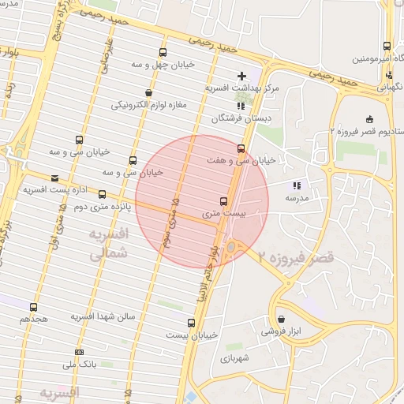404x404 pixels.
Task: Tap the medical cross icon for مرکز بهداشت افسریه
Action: (x=241, y=76)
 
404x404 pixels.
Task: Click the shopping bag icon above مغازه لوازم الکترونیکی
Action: (x=148, y=92)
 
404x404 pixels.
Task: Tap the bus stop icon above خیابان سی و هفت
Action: (x=241, y=148)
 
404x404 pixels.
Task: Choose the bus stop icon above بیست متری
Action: (x=223, y=201)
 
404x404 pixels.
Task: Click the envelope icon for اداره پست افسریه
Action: (x=54, y=178)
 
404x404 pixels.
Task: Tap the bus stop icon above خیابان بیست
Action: (x=191, y=323)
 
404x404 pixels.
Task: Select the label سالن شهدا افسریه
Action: (x=103, y=316)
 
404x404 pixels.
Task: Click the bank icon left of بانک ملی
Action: (x=79, y=352)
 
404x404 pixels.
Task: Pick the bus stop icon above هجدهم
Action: (x=33, y=307)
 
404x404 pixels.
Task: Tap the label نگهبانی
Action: (x=387, y=88)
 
